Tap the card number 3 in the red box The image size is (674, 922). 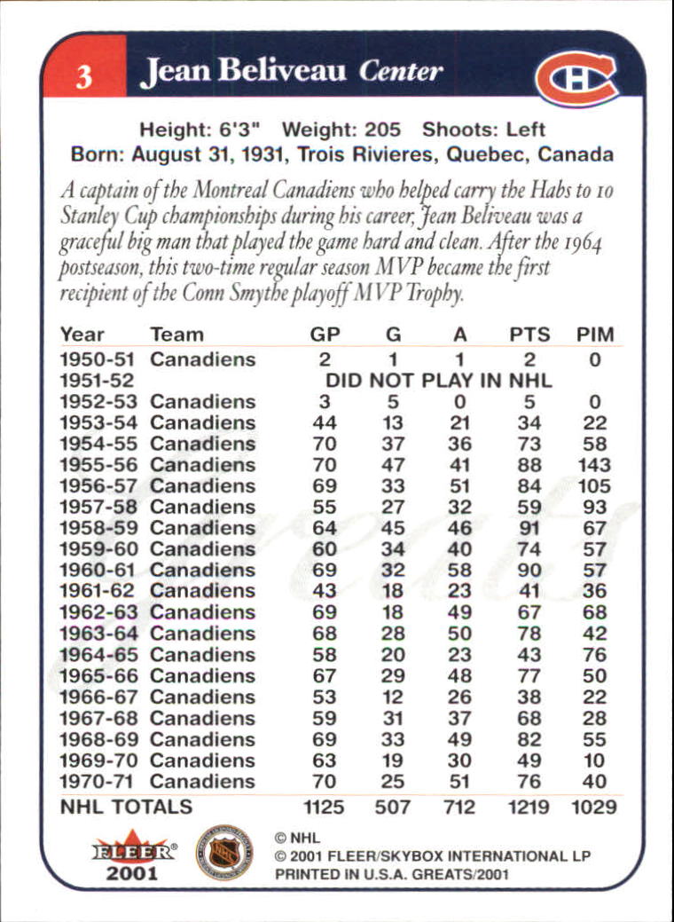[x=83, y=78]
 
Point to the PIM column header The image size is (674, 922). [x=594, y=335]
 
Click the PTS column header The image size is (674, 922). [x=530, y=335]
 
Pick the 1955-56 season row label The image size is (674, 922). [x=97, y=465]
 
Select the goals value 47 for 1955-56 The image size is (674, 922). [x=393, y=465]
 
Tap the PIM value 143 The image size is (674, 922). [x=594, y=465]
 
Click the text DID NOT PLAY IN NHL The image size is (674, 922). [x=439, y=381]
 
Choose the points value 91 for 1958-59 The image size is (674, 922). [x=530, y=528]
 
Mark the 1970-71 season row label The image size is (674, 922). [x=97, y=782]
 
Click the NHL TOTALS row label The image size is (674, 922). [x=125, y=807]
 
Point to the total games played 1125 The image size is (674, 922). [x=322, y=808]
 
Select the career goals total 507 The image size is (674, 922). [x=393, y=808]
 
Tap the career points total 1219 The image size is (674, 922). [x=529, y=808]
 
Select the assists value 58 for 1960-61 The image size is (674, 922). [x=459, y=570]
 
